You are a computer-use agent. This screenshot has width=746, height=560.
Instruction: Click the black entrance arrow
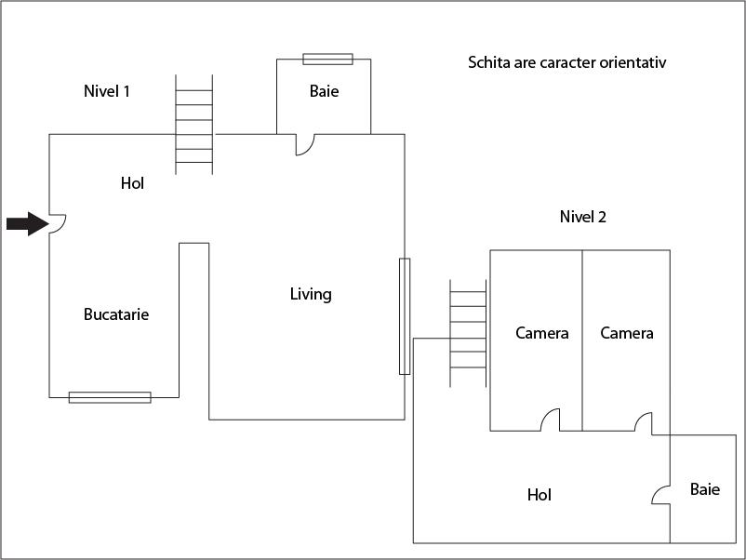(28, 223)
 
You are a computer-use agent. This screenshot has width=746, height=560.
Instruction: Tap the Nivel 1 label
(107, 91)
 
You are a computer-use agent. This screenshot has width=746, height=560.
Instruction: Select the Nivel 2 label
(583, 217)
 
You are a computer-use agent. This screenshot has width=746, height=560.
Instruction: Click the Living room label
(311, 294)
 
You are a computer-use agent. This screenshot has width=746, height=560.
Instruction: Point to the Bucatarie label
(116, 314)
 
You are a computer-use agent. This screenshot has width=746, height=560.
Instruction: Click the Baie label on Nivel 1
(324, 91)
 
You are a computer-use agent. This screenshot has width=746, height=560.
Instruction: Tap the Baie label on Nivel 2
(705, 489)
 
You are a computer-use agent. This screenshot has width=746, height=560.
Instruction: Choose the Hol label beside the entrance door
(132, 183)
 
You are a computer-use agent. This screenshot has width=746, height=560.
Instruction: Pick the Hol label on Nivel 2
(540, 495)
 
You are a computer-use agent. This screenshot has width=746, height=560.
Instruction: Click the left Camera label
(542, 333)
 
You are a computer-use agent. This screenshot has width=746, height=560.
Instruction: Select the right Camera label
(627, 333)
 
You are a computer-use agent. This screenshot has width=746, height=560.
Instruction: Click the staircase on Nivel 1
(194, 125)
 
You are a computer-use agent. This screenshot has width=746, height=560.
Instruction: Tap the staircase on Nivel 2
(468, 333)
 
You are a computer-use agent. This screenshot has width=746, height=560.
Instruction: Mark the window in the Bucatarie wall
(110, 397)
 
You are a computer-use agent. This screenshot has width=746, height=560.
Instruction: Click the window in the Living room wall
(405, 316)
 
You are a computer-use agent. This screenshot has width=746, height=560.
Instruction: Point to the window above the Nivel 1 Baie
(327, 59)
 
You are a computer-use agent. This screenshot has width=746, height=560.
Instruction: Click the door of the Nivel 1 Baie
(305, 144)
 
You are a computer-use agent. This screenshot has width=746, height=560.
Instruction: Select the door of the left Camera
(550, 420)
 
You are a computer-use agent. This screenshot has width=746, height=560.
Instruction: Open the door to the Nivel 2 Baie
(660, 495)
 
